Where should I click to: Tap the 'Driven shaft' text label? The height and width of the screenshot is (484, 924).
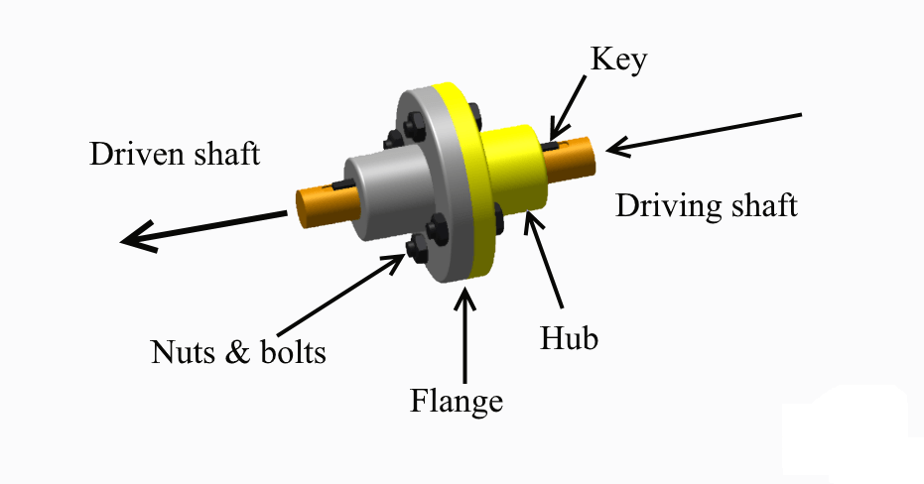click(x=175, y=155)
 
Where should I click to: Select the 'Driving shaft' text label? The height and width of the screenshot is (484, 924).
click(x=706, y=207)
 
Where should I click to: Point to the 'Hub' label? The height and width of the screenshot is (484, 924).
click(x=570, y=339)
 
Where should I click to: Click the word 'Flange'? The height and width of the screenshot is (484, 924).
click(x=457, y=402)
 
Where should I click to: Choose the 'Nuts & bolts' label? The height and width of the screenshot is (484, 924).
click(x=237, y=352)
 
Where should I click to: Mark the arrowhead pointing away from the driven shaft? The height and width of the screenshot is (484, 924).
click(x=134, y=239)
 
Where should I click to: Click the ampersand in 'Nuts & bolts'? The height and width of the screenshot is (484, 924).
click(x=238, y=352)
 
